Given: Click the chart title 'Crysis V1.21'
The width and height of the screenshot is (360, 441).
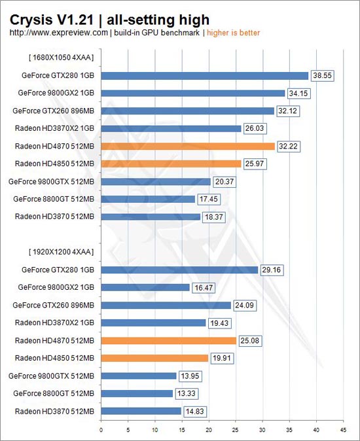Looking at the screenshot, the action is pyautogui.click(x=52, y=20).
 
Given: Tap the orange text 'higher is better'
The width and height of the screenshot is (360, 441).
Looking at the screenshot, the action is pyautogui.click(x=233, y=33).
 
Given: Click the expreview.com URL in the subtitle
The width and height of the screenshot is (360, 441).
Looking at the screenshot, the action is pyautogui.click(x=58, y=33).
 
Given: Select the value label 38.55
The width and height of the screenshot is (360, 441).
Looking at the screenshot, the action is pyautogui.click(x=322, y=76).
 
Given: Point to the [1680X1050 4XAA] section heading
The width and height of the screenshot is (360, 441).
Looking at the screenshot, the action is pyautogui.click(x=61, y=58).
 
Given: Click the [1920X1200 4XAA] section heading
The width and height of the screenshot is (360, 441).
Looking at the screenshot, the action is pyautogui.click(x=61, y=252).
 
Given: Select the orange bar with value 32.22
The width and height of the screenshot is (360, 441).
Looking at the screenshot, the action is pyautogui.click(x=188, y=147).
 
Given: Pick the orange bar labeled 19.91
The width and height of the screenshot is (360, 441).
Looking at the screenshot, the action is pyautogui.click(x=154, y=358).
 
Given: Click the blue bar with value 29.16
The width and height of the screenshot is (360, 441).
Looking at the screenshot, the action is pyautogui.click(x=179, y=270).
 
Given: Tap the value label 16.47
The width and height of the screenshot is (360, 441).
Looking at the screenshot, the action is pyautogui.click(x=204, y=288).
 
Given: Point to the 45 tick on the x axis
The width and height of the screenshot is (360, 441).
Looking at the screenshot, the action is pyautogui.click(x=344, y=430).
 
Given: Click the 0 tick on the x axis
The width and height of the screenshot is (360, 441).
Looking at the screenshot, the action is pyautogui.click(x=101, y=430).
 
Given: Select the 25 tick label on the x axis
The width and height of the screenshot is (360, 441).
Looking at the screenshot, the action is pyautogui.click(x=236, y=430).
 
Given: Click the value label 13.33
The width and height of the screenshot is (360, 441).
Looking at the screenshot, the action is pyautogui.click(x=187, y=393).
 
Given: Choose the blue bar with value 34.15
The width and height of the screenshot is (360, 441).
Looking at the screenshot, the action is pyautogui.click(x=193, y=93).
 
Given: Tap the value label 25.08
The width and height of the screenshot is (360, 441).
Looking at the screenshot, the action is pyautogui.click(x=250, y=341).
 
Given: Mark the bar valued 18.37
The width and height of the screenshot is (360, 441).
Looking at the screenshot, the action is pyautogui.click(x=151, y=217).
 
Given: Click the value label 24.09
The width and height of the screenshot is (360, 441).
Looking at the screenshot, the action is pyautogui.click(x=244, y=306).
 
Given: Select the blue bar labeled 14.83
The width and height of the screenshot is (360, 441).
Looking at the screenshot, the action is pyautogui.click(x=141, y=411).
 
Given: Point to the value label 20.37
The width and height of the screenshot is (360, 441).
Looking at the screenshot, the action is pyautogui.click(x=225, y=182).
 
